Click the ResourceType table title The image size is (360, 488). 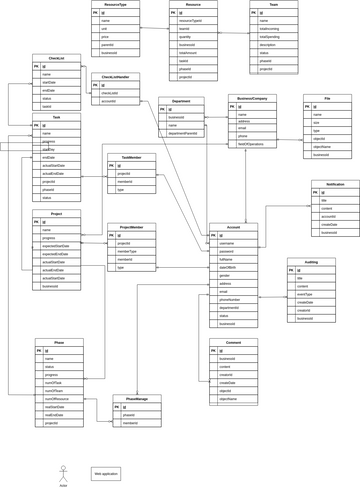click(x=115, y=5)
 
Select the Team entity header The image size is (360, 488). click(x=273, y=5)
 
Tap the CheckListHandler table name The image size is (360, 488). click(x=115, y=77)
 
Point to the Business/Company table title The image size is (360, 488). click(x=252, y=99)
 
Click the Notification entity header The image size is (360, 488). click(x=334, y=184)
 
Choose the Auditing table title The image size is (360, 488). click(x=311, y=262)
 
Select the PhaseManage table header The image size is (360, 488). click(x=136, y=399)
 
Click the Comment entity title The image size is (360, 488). click(x=233, y=342)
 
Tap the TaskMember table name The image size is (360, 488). click(x=131, y=157)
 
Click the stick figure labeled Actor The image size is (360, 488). click(x=62, y=473)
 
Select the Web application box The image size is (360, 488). click(x=105, y=473)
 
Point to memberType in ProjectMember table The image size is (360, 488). click(x=127, y=251)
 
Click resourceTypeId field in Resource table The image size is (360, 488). click(x=190, y=20)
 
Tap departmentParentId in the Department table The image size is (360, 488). click(x=184, y=133)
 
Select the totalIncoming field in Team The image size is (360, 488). click(x=269, y=28)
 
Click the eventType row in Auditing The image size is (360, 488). click(x=304, y=294)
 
